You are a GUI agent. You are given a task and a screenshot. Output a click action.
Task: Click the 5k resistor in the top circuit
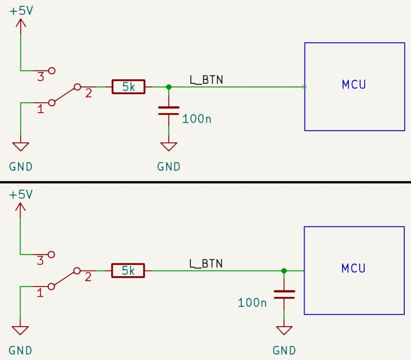129,87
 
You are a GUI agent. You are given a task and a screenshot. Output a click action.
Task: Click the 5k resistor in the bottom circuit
128,270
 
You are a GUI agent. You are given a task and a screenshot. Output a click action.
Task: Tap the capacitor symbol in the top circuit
168,111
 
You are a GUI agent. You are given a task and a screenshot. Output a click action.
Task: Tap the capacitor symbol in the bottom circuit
284,294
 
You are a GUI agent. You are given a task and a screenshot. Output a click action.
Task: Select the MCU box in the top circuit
353,86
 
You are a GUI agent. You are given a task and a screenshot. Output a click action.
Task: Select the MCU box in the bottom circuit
353,270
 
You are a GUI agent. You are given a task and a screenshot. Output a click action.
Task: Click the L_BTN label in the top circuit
206,80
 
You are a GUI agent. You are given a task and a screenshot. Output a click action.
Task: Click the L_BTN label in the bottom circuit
206,263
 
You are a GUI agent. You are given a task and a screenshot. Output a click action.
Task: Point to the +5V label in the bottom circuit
21,194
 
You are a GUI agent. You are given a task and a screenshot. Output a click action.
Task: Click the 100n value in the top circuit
197,119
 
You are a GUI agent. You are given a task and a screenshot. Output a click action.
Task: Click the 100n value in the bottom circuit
252,302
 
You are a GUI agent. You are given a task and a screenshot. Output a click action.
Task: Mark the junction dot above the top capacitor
168,87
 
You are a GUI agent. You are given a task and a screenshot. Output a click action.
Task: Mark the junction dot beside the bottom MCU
284,270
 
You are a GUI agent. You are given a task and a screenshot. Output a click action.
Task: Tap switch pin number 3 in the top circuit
41,77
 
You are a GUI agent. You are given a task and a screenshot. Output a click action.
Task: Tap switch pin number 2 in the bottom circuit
88,277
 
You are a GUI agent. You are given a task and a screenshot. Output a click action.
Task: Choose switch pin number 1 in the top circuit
40,109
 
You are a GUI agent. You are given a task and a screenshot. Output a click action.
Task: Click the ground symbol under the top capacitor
168,147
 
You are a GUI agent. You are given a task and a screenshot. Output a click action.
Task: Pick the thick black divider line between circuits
205,182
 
